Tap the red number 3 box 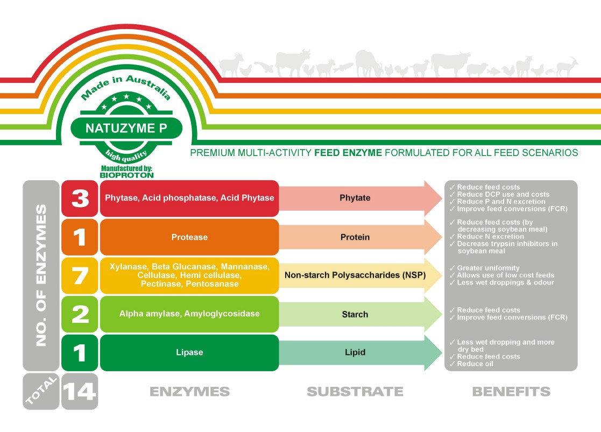(80, 199)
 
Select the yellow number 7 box (80, 275)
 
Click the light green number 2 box (80, 314)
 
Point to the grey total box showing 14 (80, 391)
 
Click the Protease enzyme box (189, 237)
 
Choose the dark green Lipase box (189, 353)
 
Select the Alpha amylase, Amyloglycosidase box (189, 314)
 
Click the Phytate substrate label (355, 198)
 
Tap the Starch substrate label (355, 314)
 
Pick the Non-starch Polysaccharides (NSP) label (355, 275)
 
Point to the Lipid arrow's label (355, 352)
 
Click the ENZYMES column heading (189, 391)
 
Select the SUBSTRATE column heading (355, 391)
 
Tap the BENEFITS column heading (511, 391)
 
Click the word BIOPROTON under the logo (127, 175)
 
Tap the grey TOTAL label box (41, 391)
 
